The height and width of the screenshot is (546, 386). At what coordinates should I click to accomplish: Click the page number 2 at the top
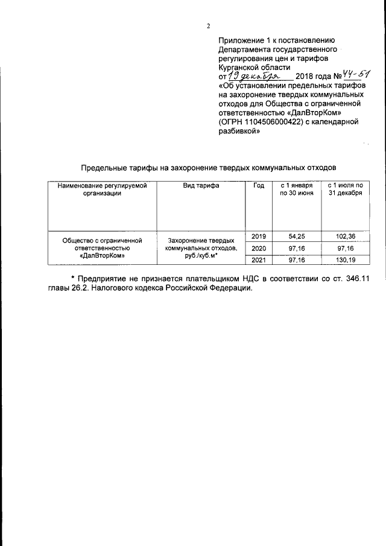208,26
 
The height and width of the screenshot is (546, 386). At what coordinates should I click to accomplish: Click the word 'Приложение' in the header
241,40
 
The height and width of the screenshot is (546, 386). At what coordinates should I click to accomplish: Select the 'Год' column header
259,186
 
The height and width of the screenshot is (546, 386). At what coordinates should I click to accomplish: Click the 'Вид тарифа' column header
201,186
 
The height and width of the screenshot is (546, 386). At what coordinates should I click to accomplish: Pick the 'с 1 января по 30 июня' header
296,189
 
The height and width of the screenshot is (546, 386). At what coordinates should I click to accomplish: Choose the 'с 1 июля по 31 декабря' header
345,189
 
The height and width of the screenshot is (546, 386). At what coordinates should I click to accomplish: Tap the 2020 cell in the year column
258,248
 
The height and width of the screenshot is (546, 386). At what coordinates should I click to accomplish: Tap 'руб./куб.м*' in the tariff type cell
201,256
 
